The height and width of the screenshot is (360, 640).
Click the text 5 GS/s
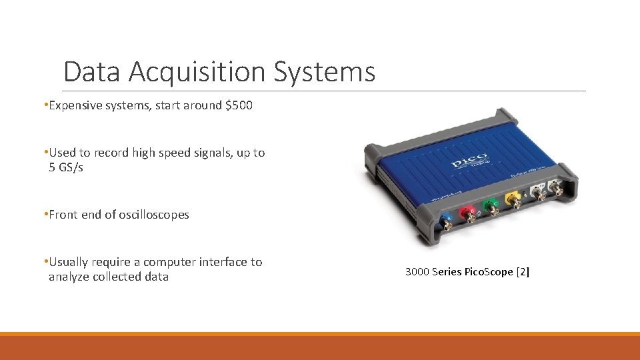[x=66, y=167]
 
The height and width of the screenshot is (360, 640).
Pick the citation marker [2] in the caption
[x=523, y=272]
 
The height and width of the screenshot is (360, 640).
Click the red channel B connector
[x=470, y=216]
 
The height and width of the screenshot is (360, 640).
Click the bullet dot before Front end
[x=45, y=215]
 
